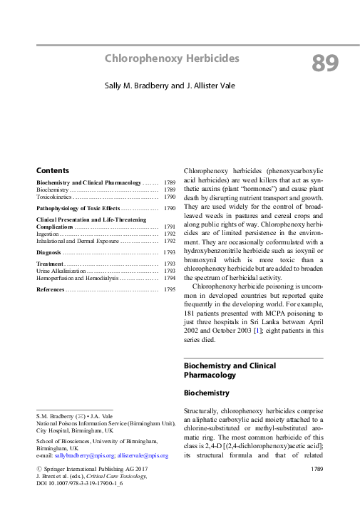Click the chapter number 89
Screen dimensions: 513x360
click(325, 63)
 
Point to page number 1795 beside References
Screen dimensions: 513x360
click(170, 290)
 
